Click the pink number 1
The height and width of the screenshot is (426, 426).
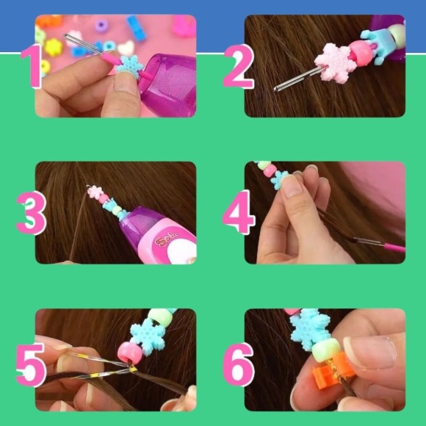[x=32, y=67]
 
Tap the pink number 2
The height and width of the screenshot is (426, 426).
[x=238, y=67]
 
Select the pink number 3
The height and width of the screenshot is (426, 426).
[x=32, y=213]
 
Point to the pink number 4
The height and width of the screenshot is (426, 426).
[x=239, y=212]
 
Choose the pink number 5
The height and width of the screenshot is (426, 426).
[x=31, y=365]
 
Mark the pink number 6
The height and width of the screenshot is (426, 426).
[x=239, y=365]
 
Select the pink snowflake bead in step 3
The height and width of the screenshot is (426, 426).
[x=95, y=192]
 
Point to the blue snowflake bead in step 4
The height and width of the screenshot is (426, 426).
[x=279, y=179]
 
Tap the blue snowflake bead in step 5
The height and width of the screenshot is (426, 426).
[x=148, y=336]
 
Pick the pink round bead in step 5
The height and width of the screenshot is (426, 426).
[x=130, y=353]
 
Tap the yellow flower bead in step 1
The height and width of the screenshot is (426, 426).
[x=54, y=47]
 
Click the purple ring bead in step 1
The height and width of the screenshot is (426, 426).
[x=101, y=26]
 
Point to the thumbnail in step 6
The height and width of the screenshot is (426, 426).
[x=370, y=353]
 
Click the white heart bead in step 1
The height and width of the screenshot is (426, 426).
[x=126, y=48]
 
